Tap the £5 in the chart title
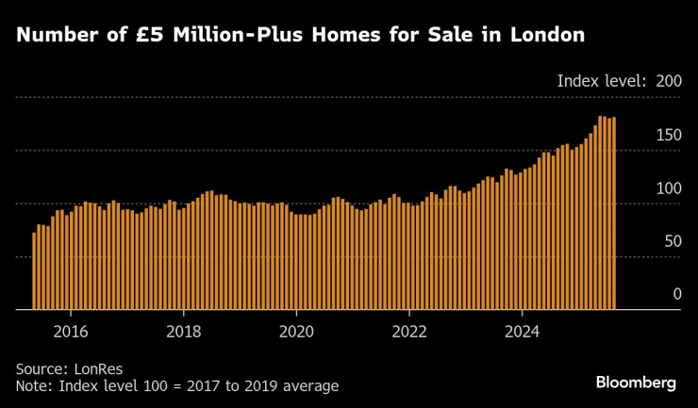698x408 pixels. tap(165, 36)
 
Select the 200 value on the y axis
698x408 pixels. tap(668, 81)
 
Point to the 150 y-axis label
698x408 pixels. tap(668, 136)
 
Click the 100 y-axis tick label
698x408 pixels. tap(668, 189)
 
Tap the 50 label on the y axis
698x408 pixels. tap(672, 242)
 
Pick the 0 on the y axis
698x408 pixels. tap(676, 295)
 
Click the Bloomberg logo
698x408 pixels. tap(636, 383)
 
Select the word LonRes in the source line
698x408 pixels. tap(99, 368)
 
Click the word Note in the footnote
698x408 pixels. tap(33, 386)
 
